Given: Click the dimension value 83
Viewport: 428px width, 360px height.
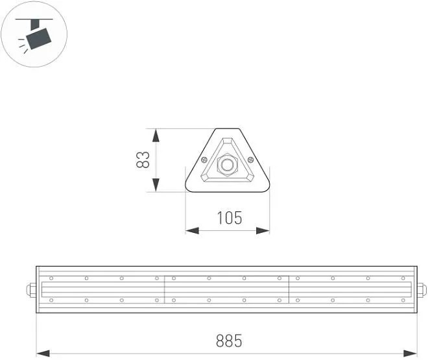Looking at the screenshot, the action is [143, 160].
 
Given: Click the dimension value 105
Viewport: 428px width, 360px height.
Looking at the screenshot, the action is [230, 218].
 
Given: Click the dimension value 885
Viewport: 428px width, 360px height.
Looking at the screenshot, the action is [229, 341].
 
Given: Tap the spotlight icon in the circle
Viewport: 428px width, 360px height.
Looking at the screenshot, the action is [34, 35].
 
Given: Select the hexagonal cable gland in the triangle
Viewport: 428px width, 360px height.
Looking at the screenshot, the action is [228, 165].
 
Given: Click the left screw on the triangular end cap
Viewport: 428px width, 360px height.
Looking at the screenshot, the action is [204, 160].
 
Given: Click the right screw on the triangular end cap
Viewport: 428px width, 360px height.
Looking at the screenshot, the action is [250, 160].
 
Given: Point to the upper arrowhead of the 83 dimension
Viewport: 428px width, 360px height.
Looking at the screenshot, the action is [156, 136].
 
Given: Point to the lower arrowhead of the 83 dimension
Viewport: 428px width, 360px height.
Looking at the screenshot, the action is [156, 185].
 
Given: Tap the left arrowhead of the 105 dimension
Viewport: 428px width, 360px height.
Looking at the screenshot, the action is [192, 231].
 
